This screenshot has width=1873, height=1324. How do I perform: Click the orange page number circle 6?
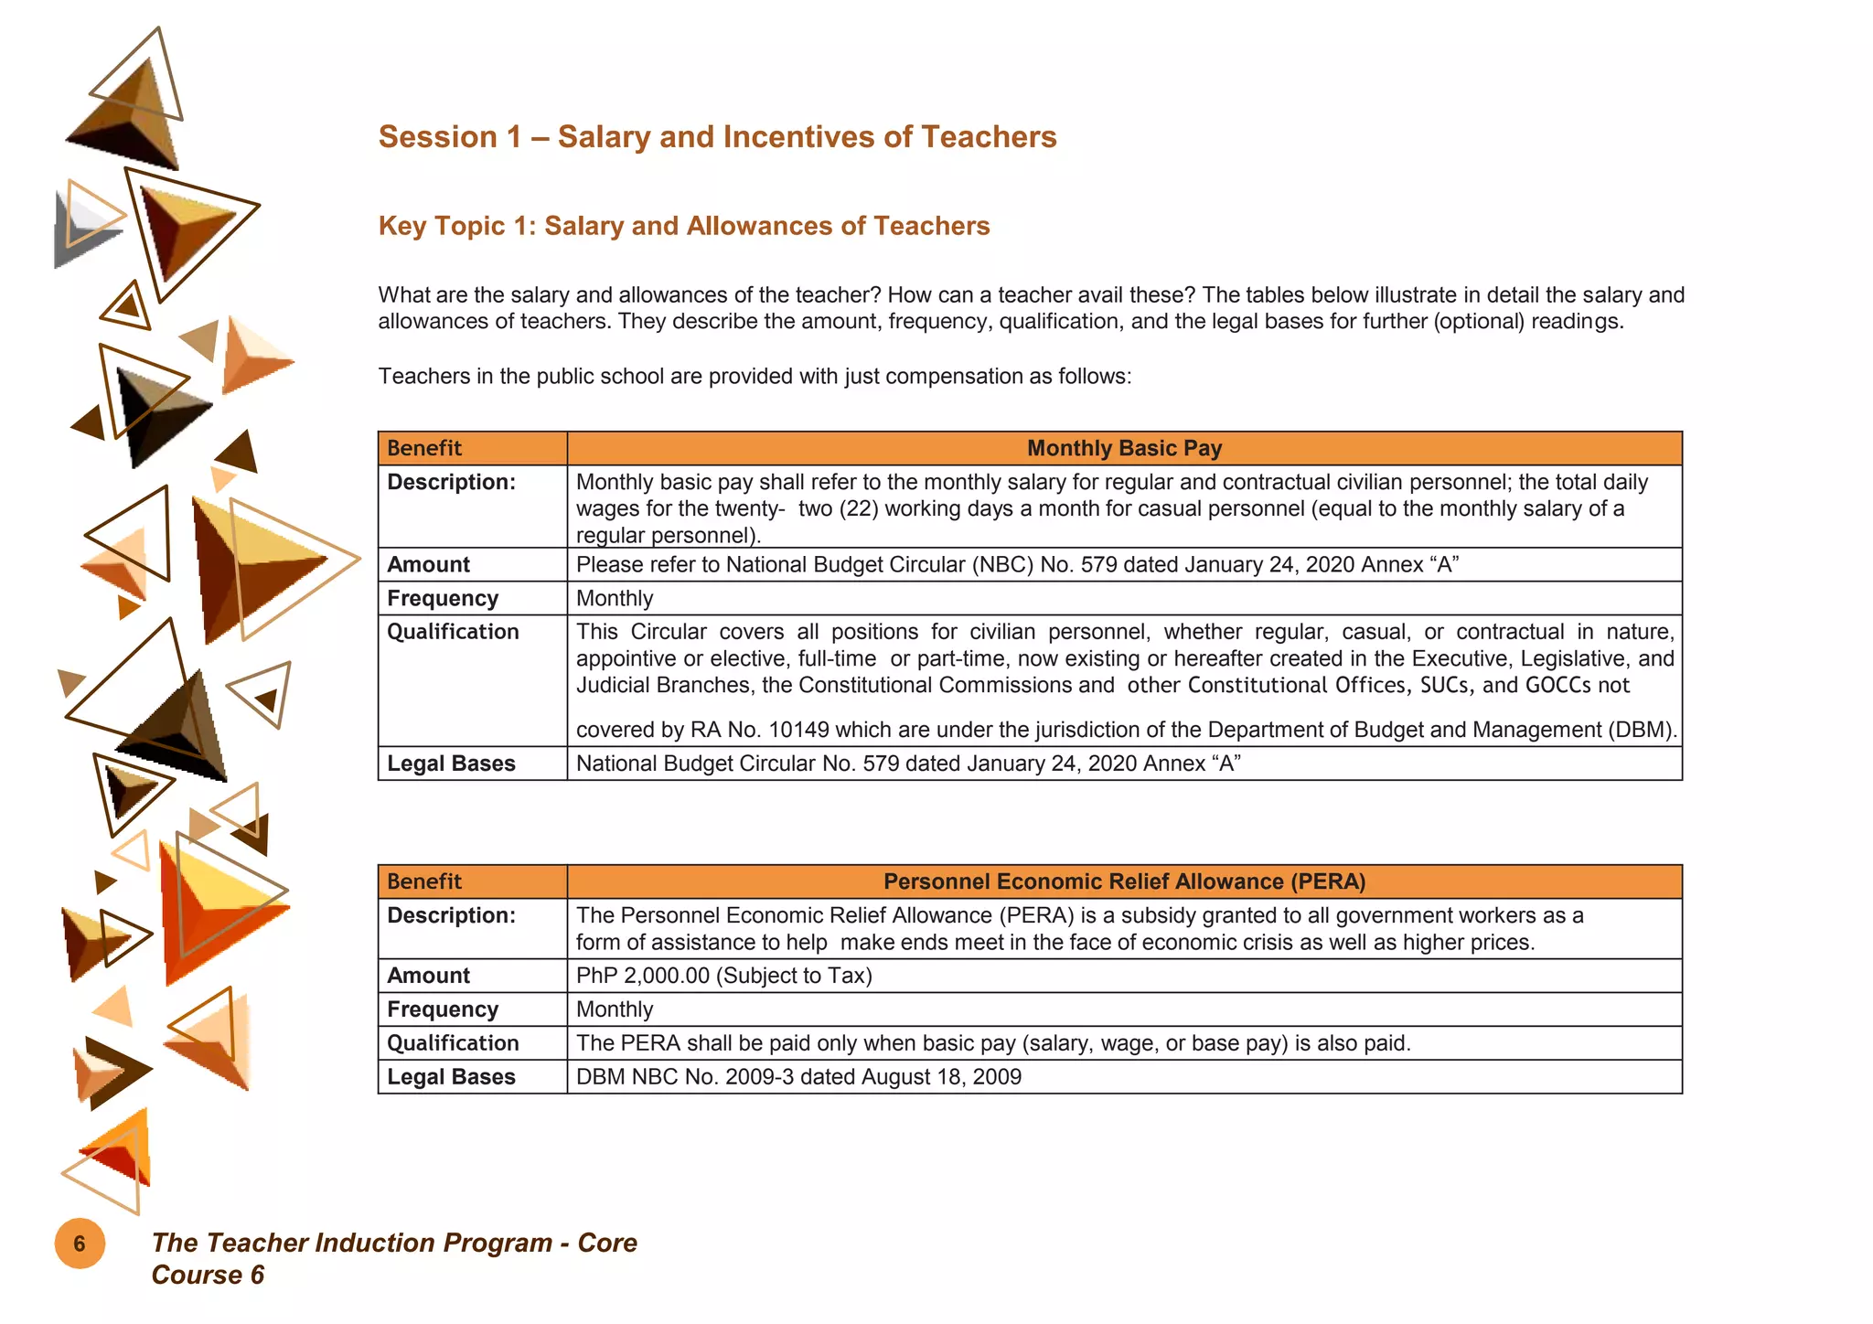coord(80,1244)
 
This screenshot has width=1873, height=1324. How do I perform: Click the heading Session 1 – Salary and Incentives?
coord(717,137)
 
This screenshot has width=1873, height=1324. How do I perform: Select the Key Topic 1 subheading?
coord(683,226)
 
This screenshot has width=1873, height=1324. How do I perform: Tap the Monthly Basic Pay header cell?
coord(1123,448)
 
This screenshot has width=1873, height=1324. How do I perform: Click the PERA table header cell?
coord(1123,881)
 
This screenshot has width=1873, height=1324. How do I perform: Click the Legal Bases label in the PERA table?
coord(451,1077)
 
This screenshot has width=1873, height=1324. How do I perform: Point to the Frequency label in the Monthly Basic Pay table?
coord(443,598)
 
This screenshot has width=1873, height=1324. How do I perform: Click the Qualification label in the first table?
coord(453,632)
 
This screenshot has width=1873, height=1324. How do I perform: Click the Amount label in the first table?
coord(428,564)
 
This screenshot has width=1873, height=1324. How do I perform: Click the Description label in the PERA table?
coord(451,915)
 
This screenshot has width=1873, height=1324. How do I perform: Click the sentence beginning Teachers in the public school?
coord(755,377)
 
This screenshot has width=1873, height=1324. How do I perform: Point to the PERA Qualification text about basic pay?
coord(992,1043)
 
